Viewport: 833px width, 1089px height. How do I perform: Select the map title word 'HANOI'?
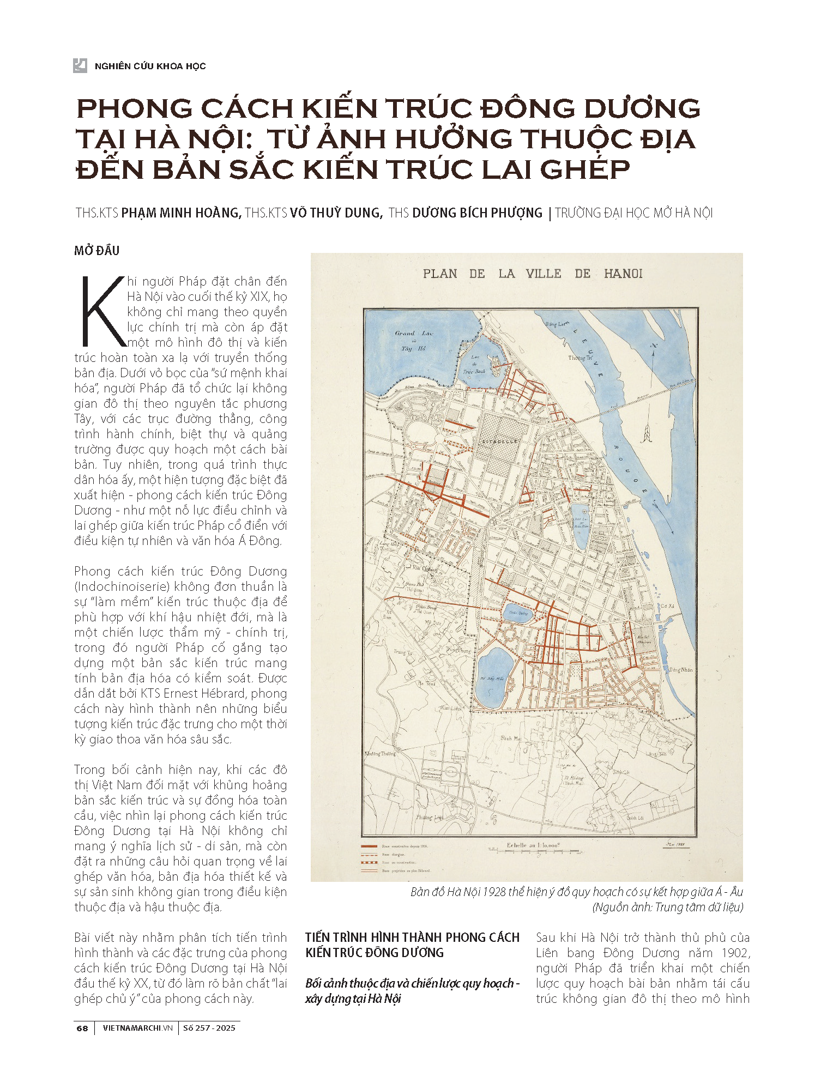(623, 274)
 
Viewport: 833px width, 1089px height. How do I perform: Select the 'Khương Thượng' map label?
(380, 754)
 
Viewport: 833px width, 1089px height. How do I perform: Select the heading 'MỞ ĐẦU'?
(96, 251)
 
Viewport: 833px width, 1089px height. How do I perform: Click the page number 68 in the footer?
(82, 1028)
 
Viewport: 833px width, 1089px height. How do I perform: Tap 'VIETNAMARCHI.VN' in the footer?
(137, 1028)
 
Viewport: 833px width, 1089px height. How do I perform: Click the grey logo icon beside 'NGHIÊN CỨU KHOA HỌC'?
(80, 65)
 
